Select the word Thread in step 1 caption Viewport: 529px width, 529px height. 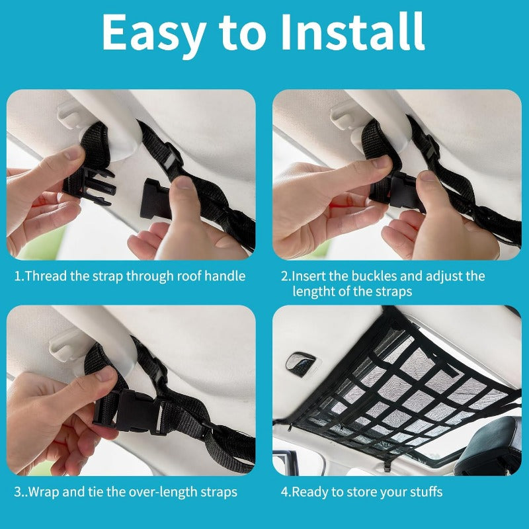tap(47, 276)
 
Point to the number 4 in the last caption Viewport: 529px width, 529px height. tap(284, 492)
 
